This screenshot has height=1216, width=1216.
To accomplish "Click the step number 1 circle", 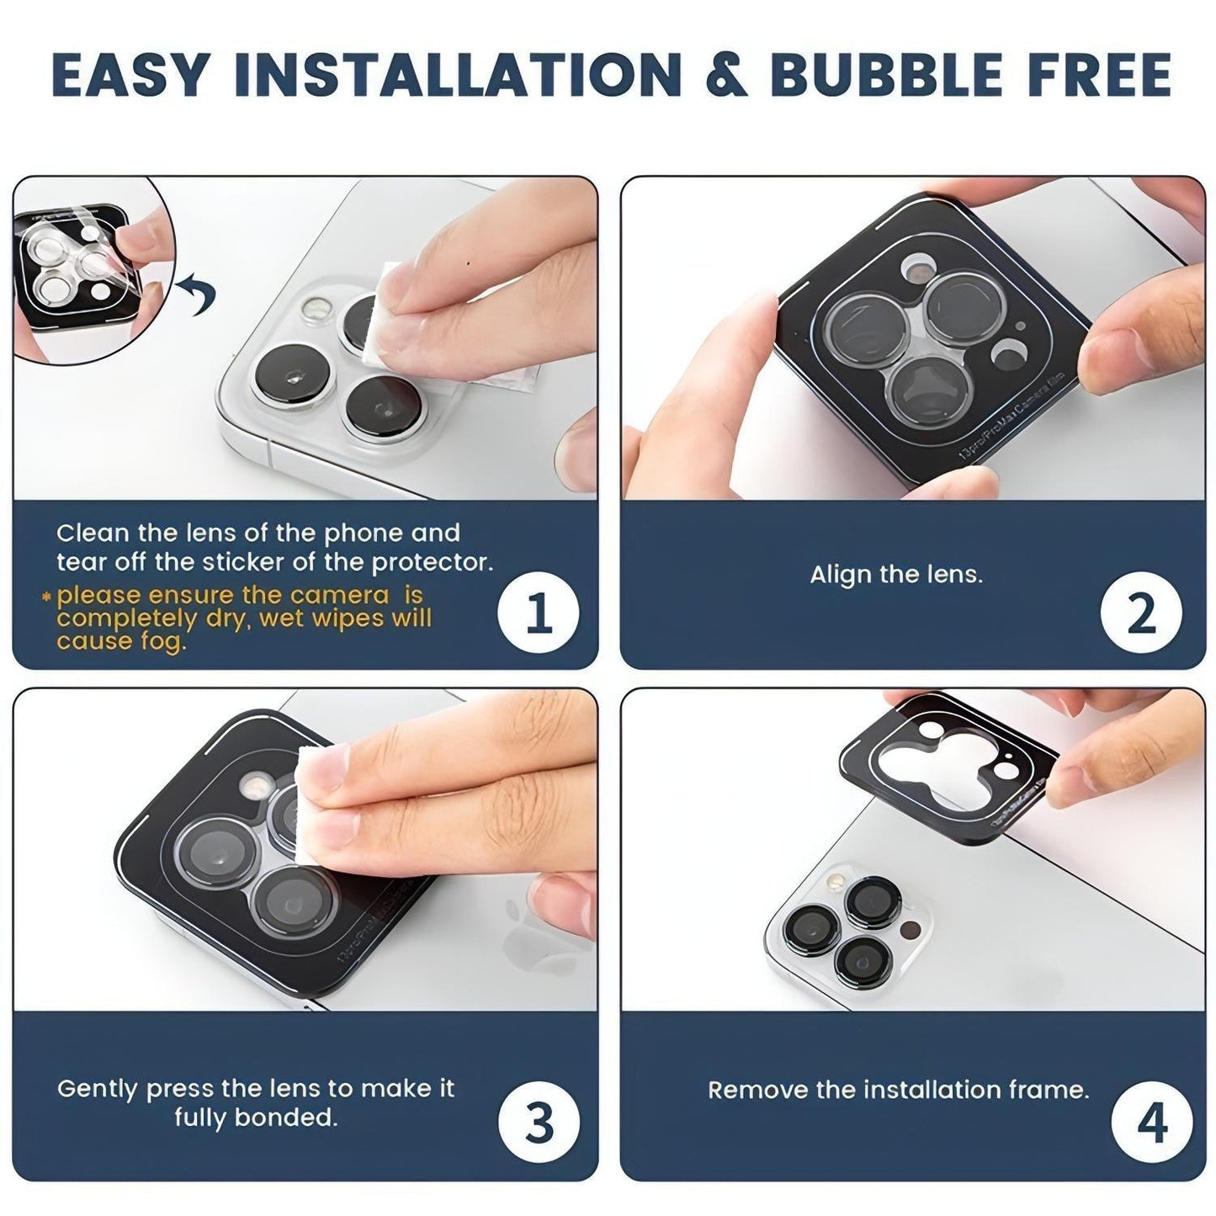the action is click(x=538, y=612).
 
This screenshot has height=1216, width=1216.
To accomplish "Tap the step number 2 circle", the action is click(x=1141, y=612).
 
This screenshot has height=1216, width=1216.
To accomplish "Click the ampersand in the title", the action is click(x=725, y=74).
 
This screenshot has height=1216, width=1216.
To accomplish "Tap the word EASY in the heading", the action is click(x=130, y=74).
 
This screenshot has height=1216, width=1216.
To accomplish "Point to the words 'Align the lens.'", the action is click(x=896, y=574).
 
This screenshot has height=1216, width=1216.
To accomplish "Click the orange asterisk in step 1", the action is click(x=45, y=596).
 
